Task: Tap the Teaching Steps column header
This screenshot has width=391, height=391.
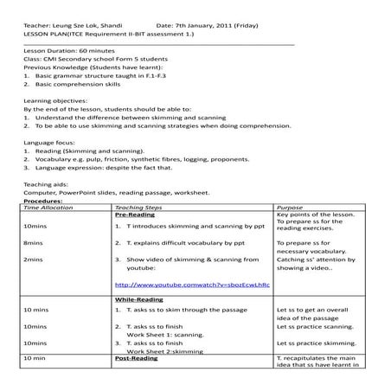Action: click(138, 208)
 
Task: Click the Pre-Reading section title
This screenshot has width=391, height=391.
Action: click(134, 215)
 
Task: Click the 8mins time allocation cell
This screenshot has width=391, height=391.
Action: click(34, 243)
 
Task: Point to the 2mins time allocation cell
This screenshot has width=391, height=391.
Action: click(34, 259)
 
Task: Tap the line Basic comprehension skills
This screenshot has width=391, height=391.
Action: click(78, 84)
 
